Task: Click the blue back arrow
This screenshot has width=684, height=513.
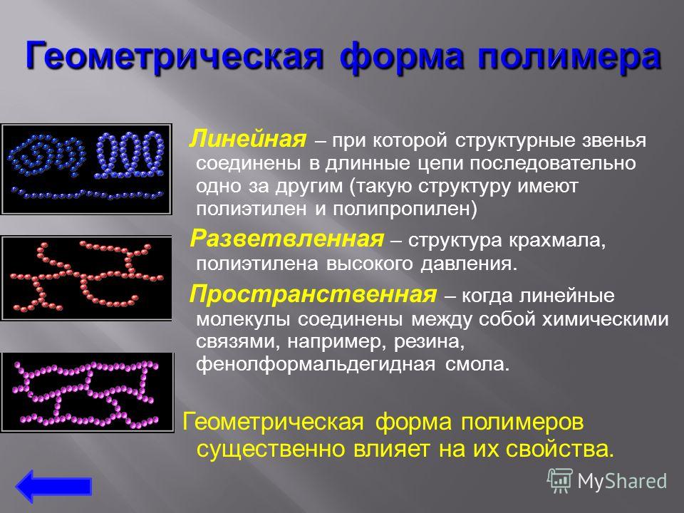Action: pyautogui.click(x=53, y=486)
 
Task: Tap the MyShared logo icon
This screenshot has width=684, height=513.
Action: pyautogui.click(x=560, y=481)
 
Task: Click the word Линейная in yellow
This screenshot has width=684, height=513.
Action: pyautogui.click(x=248, y=140)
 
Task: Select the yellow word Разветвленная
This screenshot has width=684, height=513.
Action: pyautogui.click(x=287, y=239)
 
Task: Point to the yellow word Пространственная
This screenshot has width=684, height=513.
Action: pyautogui.click(x=313, y=294)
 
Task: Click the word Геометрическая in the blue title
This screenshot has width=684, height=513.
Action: pyautogui.click(x=174, y=56)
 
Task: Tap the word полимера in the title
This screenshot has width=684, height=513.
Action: pyautogui.click(x=569, y=57)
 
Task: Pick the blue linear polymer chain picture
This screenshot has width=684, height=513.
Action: pyautogui.click(x=86, y=169)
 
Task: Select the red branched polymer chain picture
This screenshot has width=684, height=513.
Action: pyautogui.click(x=86, y=279)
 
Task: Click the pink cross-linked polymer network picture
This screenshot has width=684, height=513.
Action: pyautogui.click(x=87, y=392)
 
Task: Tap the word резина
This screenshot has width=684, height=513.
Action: pyautogui.click(x=429, y=341)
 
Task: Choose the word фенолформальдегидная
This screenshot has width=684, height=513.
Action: pyautogui.click(x=316, y=364)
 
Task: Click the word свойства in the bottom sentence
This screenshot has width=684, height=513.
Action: pyautogui.click(x=560, y=449)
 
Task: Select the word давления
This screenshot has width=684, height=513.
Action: pyautogui.click(x=469, y=264)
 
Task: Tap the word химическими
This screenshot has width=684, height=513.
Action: pyautogui.click(x=605, y=319)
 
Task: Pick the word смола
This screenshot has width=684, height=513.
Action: pyautogui.click(x=477, y=364)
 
